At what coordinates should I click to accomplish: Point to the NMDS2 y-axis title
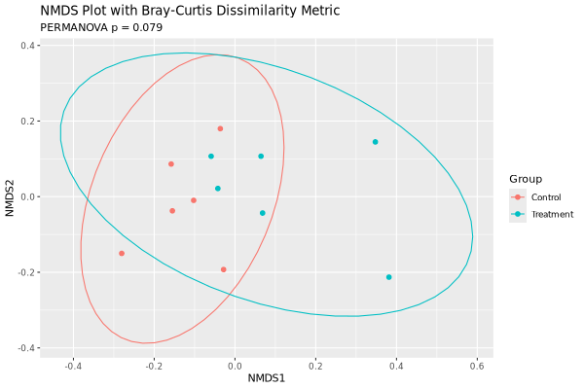(11, 195)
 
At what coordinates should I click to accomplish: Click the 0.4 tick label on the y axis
(29, 46)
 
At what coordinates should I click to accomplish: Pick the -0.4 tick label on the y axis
(27, 348)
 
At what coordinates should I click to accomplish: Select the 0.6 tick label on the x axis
(477, 365)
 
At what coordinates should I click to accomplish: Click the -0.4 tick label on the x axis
(72, 365)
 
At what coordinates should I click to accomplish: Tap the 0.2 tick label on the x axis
(315, 365)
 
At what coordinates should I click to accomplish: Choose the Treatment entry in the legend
(545, 214)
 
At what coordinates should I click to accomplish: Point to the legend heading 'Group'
(526, 179)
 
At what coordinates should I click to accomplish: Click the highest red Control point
(220, 128)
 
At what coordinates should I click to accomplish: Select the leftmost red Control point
(122, 254)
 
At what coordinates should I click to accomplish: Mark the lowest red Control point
(224, 269)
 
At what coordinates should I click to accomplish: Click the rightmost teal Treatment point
(389, 277)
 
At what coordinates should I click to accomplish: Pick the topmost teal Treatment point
(375, 142)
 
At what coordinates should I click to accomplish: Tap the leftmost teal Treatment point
(210, 157)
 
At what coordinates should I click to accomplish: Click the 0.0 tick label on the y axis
(29, 197)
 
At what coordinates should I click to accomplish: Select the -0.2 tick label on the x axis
(153, 365)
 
